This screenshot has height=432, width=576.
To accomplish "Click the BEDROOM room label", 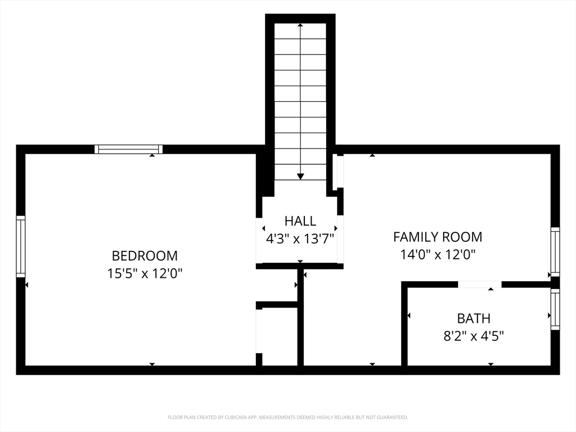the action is point(145,256).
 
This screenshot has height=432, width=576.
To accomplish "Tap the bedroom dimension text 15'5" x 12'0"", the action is point(145,273).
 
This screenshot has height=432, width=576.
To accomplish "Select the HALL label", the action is point(300,221).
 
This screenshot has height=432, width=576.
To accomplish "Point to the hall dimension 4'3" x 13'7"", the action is point(300,239).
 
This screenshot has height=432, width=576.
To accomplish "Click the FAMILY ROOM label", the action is point(438,237).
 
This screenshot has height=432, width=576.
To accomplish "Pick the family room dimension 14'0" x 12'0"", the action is point(438,254).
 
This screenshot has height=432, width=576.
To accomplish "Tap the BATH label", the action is point(474,318).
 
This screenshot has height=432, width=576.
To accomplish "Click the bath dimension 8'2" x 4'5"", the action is point(474,336).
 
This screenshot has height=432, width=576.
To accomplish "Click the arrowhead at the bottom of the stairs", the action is point(300,177).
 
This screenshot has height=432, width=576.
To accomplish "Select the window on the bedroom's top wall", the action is point(129,149).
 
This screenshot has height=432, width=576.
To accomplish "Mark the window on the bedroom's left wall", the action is point(21,246).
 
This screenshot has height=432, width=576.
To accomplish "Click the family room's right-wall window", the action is point(555,251).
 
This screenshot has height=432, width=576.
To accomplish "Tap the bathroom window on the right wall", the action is point(555,309).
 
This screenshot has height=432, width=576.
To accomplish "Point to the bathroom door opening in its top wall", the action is point(480,285).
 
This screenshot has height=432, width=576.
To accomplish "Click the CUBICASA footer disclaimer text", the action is point(287,417).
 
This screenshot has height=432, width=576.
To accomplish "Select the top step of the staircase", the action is point(300,31).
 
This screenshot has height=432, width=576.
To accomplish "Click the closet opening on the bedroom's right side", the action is point(259,331).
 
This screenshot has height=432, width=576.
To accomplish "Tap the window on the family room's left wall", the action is point(340,172).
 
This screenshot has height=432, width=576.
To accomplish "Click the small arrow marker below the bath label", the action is point(490,364).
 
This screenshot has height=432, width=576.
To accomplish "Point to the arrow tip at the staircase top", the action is point(300,25).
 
